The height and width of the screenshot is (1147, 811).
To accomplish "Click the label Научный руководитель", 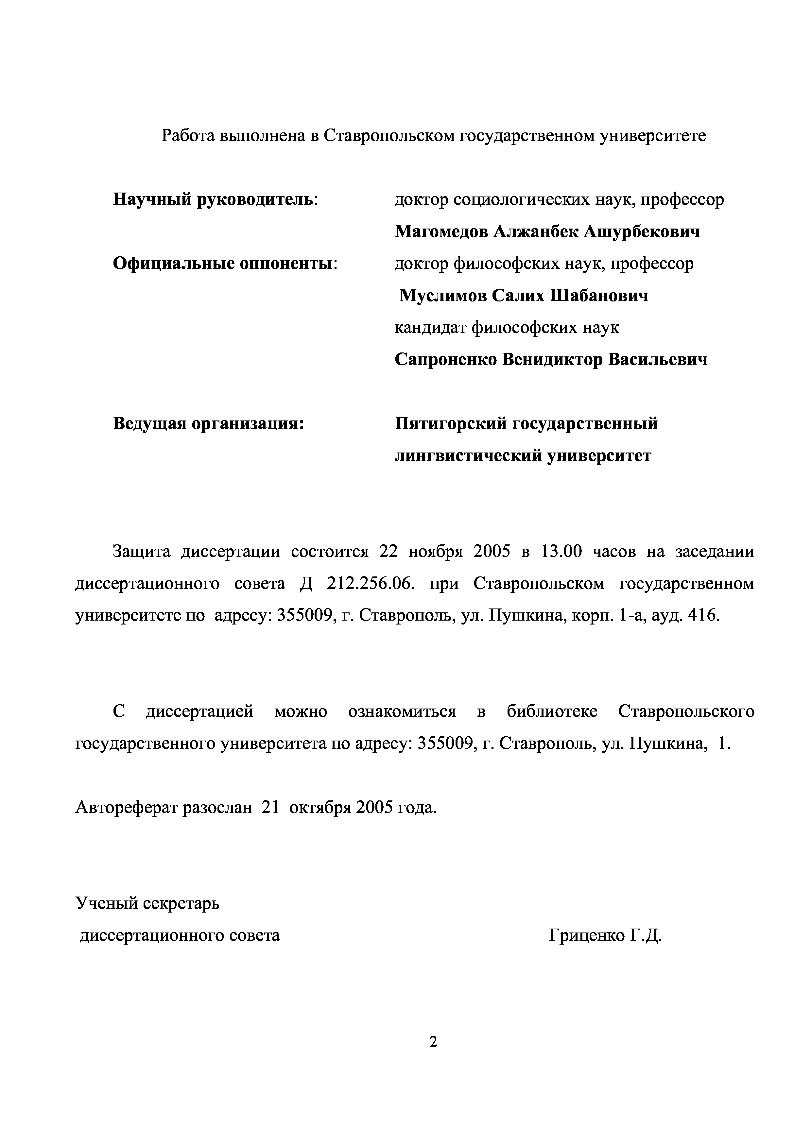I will tap(216, 200).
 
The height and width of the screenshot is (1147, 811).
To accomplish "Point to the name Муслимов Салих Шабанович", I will tap(524, 296).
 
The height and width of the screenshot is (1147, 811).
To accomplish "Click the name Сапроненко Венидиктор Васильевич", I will tap(551, 360).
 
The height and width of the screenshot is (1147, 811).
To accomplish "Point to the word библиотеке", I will tap(552, 711).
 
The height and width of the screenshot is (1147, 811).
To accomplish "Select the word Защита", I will tap(142, 552).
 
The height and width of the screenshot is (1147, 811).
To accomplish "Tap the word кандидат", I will tap(430, 328).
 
